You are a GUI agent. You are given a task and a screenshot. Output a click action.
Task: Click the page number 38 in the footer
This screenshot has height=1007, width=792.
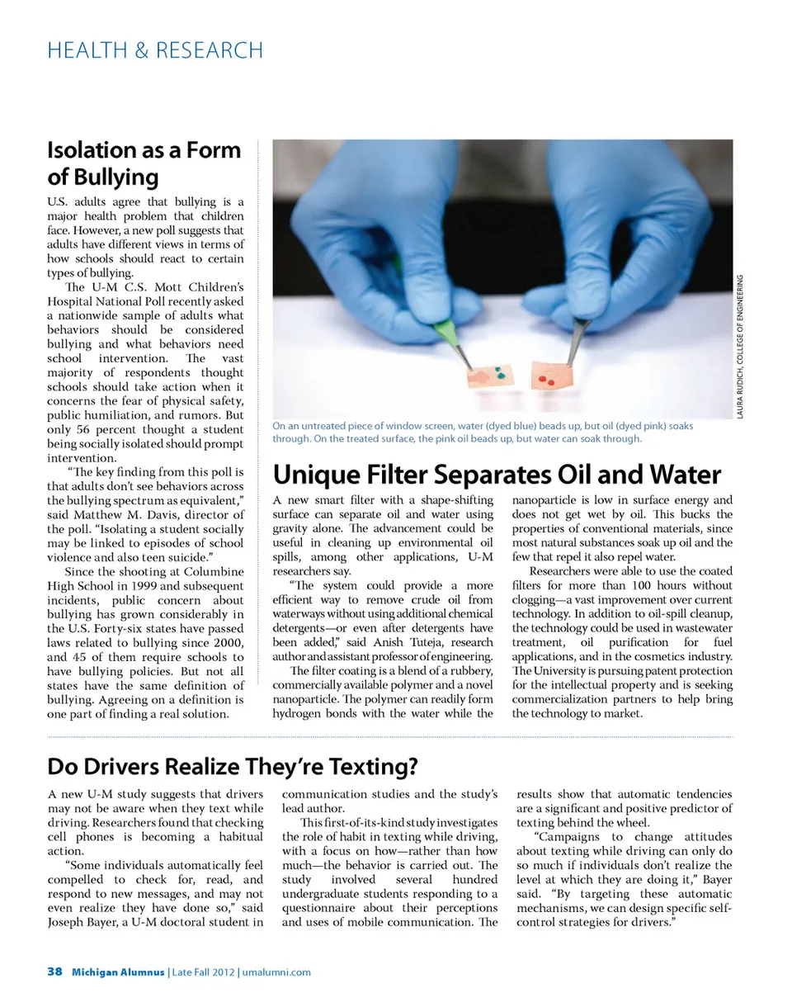tap(54, 972)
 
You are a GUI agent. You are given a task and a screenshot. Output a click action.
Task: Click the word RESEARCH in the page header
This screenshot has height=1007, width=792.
tap(209, 50)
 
